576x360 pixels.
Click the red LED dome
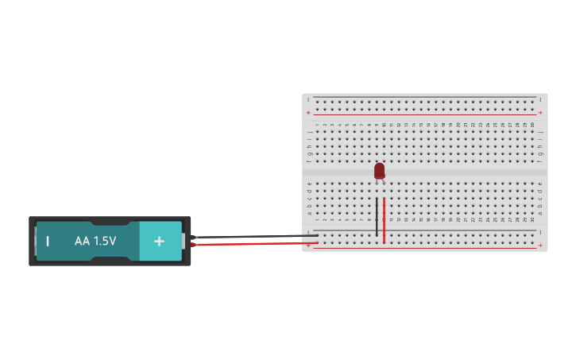379,170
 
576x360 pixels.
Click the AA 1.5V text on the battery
95,241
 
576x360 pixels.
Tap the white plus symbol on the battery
159,241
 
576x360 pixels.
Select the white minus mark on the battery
48,241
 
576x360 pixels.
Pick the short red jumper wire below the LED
384,220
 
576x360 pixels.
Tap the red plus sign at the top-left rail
308,113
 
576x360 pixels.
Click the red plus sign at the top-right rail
540,113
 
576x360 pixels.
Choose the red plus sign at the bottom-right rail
540,246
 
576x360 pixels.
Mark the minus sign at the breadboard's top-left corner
308,99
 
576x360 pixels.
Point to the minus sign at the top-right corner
540,99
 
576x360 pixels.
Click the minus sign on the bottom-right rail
540,232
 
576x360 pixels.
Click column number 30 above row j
532,125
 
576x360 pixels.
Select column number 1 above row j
317,125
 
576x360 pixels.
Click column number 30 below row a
532,220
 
